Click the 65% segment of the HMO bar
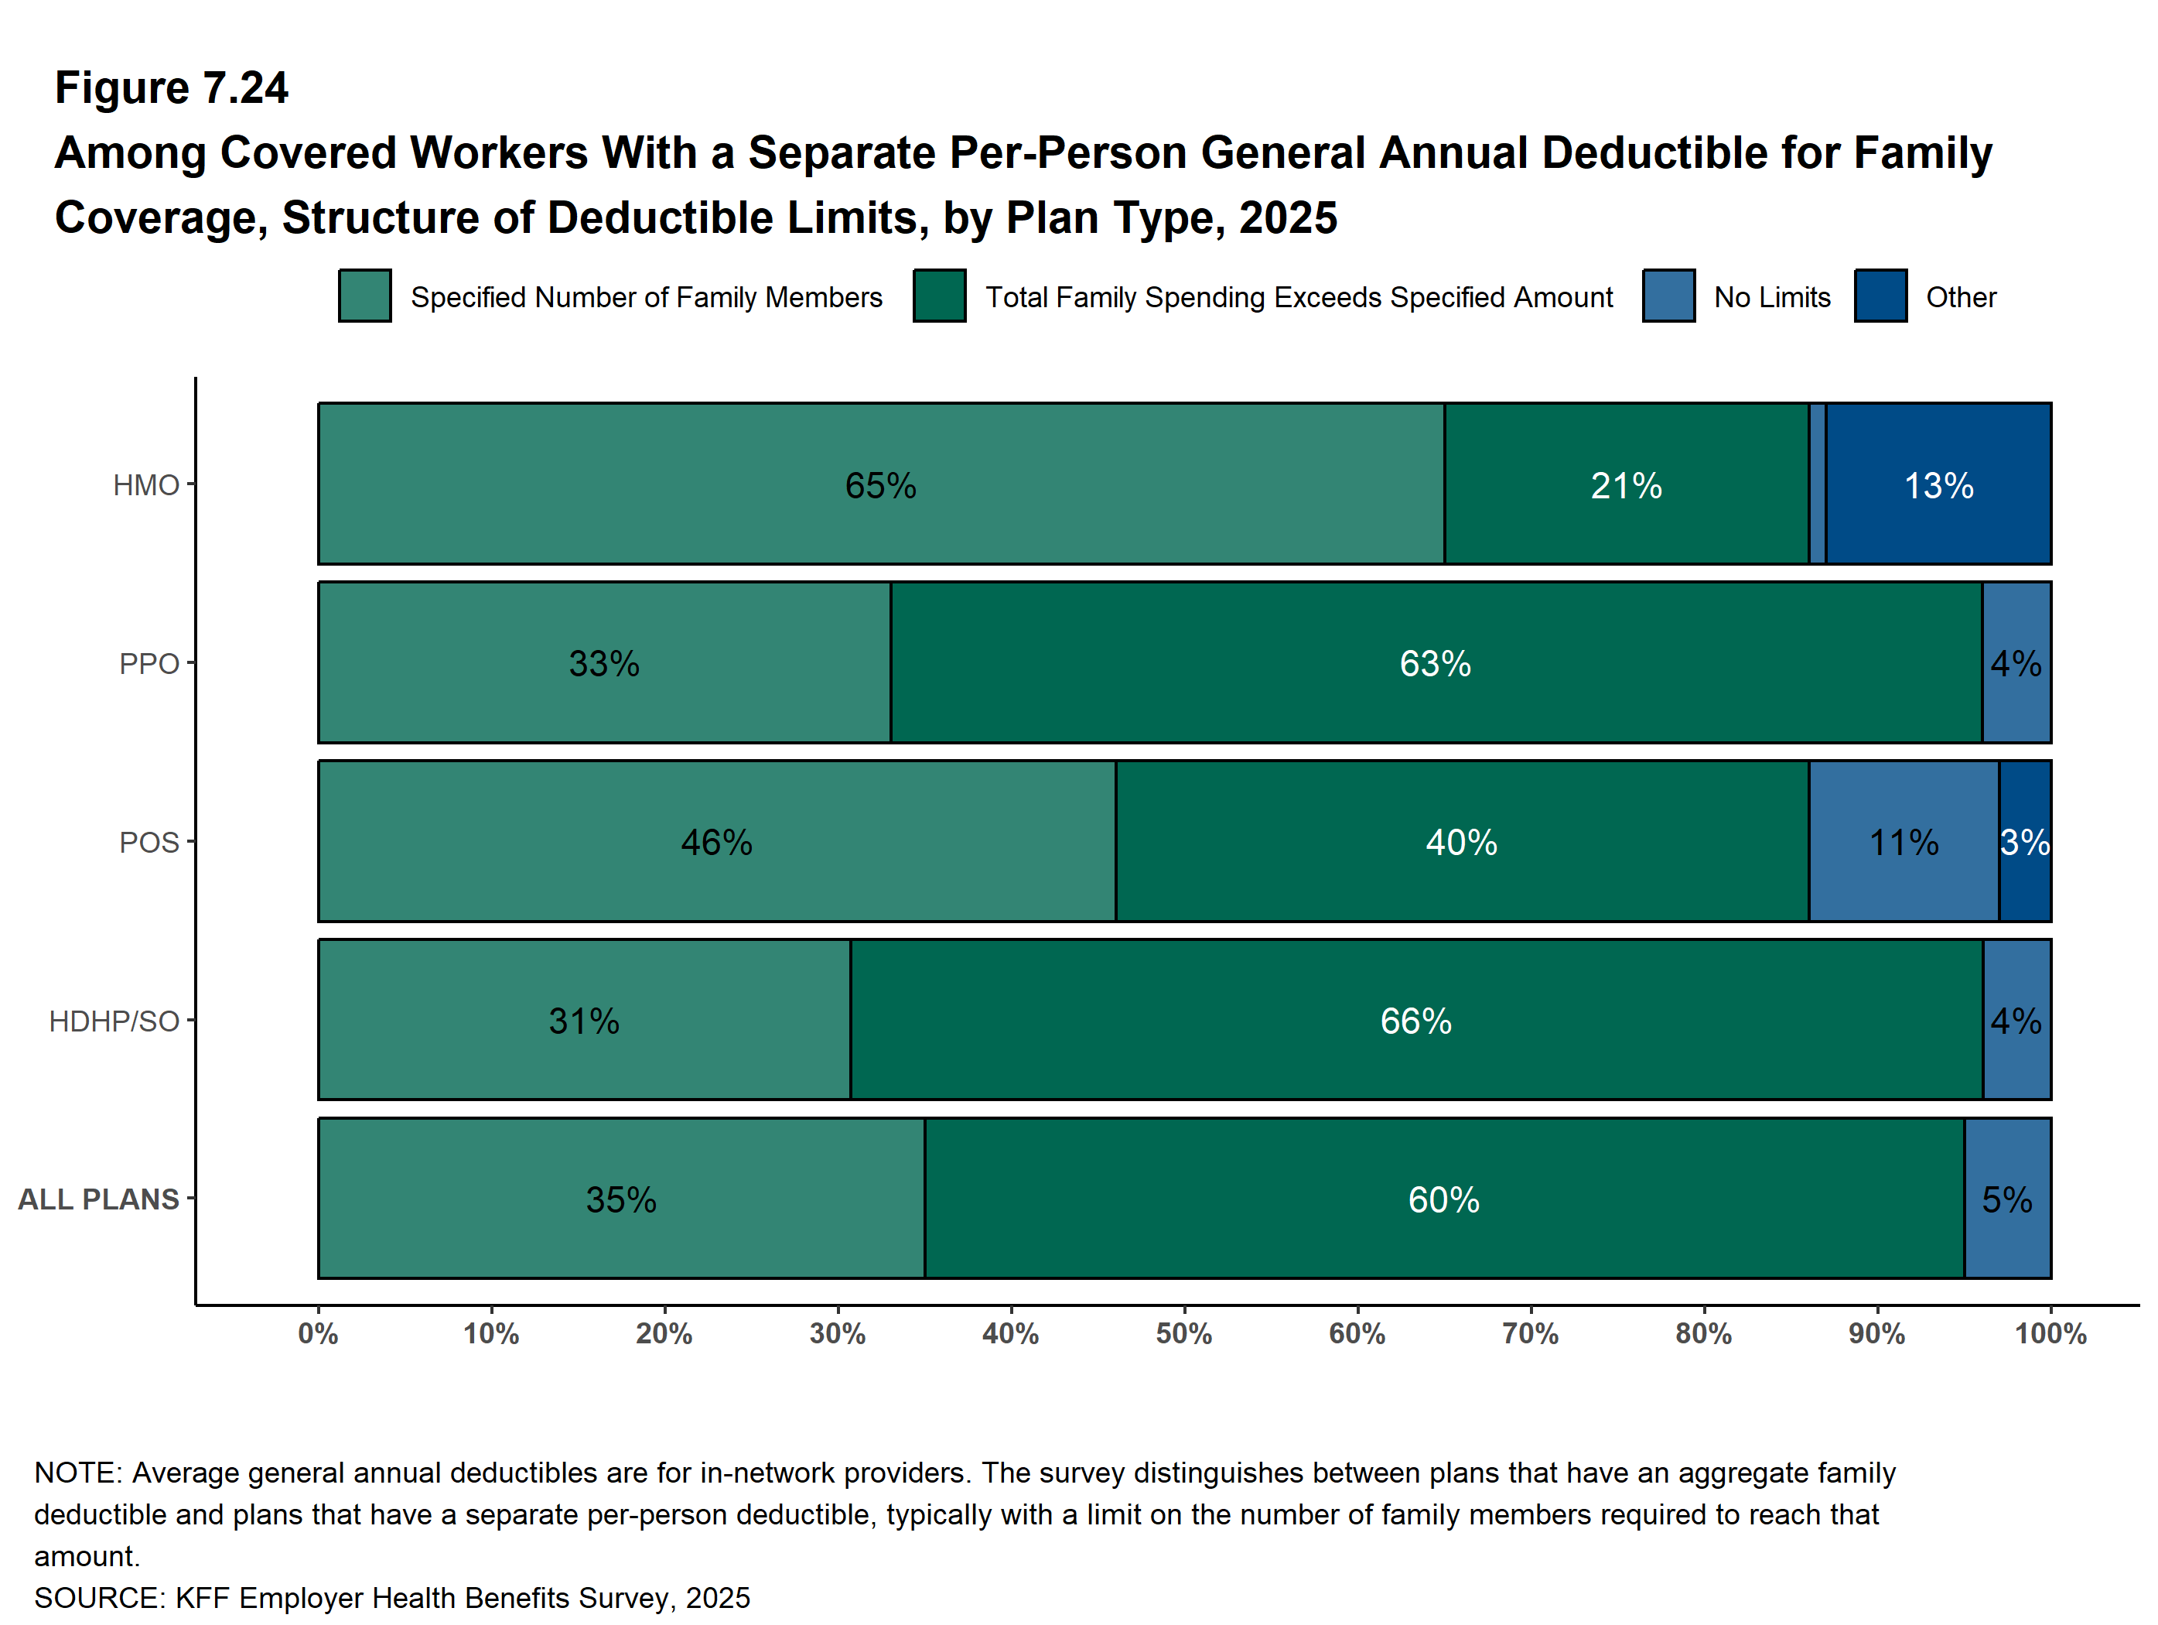pos(880,484)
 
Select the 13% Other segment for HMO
pos(1938,484)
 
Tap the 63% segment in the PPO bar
pos(1435,662)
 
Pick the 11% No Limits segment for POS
pos(1903,841)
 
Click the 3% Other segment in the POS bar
pos(2024,841)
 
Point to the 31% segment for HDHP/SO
pos(583,1020)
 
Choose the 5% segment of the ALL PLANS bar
pos(2006,1199)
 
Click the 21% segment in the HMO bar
pos(1627,484)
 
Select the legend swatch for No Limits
pos(1668,296)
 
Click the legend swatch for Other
pos(1880,296)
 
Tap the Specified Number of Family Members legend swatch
pos(365,296)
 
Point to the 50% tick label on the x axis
pos(1183,1334)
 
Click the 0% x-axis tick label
pos(318,1334)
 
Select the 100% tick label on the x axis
pos(2050,1334)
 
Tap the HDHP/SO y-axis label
pos(114,1021)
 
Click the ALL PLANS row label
pos(98,1199)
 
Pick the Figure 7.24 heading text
pos(172,88)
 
